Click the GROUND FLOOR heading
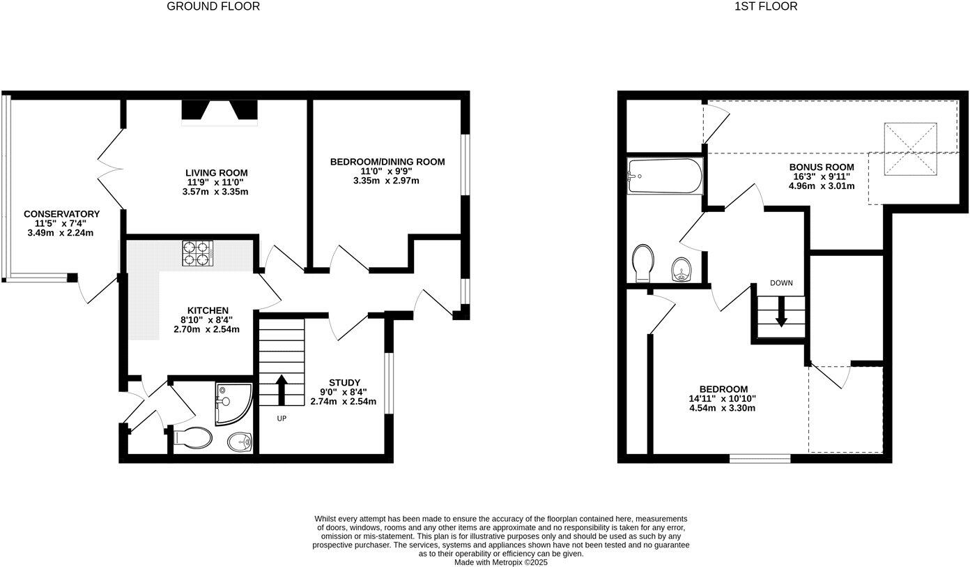point(213,6)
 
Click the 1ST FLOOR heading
point(766,6)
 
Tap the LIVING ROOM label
point(216,173)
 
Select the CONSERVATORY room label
point(61,214)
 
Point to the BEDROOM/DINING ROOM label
point(387,162)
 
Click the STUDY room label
point(344,383)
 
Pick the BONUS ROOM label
point(821,167)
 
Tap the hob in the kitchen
point(197,253)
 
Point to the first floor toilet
point(642,262)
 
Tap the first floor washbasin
point(680,270)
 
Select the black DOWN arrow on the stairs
point(781,312)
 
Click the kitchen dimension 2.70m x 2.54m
point(206,329)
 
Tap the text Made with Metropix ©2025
point(501,562)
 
